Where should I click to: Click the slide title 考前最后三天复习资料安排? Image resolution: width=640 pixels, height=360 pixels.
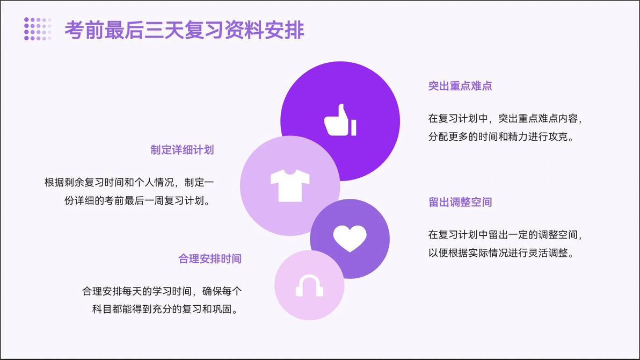(x=184, y=30)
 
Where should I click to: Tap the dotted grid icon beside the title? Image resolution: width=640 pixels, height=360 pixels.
(x=38, y=28)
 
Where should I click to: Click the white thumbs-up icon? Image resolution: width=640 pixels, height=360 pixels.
(x=340, y=120)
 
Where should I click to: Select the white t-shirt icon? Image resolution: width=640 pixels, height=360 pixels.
(x=290, y=185)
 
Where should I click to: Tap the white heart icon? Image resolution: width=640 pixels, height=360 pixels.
(x=350, y=238)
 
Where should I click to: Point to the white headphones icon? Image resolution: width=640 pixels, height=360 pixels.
(x=309, y=285)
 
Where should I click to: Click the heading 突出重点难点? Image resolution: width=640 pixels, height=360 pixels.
(x=460, y=86)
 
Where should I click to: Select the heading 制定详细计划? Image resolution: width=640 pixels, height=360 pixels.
(x=182, y=150)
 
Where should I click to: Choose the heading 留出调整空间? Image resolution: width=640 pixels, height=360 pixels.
(x=460, y=202)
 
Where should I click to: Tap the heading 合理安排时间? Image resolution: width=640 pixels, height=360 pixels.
(x=210, y=258)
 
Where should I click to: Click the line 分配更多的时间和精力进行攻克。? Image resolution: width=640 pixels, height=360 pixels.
(x=501, y=136)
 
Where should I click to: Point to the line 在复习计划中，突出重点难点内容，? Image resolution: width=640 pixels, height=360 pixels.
(x=506, y=119)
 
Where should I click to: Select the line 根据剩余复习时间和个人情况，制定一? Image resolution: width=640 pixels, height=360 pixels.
(x=129, y=182)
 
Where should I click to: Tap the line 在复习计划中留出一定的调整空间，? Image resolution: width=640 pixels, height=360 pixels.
(x=506, y=235)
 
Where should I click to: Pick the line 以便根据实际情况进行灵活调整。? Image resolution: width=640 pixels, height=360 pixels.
(x=501, y=253)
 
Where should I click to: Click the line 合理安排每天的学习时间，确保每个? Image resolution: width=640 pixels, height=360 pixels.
(x=162, y=291)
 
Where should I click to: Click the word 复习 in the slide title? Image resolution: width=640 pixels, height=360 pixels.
(x=204, y=30)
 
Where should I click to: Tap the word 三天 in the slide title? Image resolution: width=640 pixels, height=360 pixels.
(x=164, y=30)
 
